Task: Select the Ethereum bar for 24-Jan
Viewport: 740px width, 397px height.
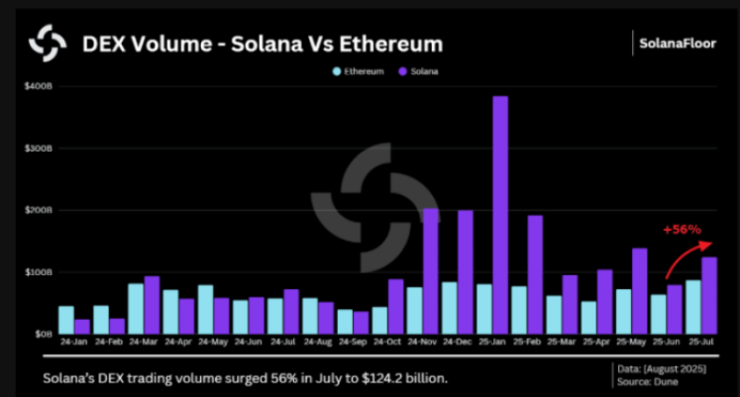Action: coord(65,320)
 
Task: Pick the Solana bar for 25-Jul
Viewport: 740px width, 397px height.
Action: coord(709,295)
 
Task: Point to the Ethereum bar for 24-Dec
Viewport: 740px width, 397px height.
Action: coord(450,308)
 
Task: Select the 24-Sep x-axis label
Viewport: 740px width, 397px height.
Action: coord(353,343)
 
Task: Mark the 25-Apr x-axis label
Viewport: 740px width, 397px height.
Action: coord(596,343)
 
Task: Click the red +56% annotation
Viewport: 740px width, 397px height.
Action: coord(682,230)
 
